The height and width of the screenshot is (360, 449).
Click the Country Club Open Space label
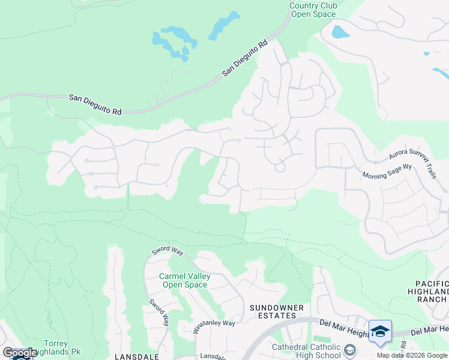click(x=313, y=10)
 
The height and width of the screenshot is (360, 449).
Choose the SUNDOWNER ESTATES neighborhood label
click(x=273, y=311)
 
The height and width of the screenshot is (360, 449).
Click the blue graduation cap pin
click(x=380, y=332)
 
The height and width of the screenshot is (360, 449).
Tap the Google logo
click(x=19, y=353)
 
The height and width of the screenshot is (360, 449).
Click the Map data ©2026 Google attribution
click(x=412, y=355)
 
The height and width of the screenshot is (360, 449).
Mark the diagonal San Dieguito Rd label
click(x=244, y=59)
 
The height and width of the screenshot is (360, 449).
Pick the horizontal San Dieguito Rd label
click(x=95, y=104)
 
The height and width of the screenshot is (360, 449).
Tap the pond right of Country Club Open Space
click(x=340, y=32)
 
